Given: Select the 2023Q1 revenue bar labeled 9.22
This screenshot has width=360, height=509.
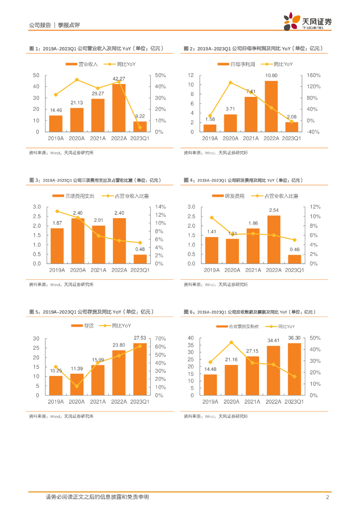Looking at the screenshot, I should [x=140, y=127].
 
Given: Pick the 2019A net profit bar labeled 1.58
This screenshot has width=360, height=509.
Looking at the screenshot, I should [x=210, y=128].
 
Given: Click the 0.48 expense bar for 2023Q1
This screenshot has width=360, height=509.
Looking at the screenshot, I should [x=140, y=259].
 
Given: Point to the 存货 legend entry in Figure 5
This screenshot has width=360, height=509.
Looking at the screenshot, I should [x=85, y=326].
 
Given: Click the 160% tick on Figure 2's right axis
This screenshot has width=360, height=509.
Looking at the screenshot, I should [x=314, y=75].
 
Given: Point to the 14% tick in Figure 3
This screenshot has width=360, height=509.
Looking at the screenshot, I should [x=159, y=207].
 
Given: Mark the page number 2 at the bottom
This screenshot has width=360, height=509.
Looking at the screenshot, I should [x=328, y=497].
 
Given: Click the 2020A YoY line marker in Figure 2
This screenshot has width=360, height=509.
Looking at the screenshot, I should [x=231, y=83].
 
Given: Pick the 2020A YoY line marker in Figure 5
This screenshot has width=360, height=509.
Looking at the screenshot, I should [x=77, y=386].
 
